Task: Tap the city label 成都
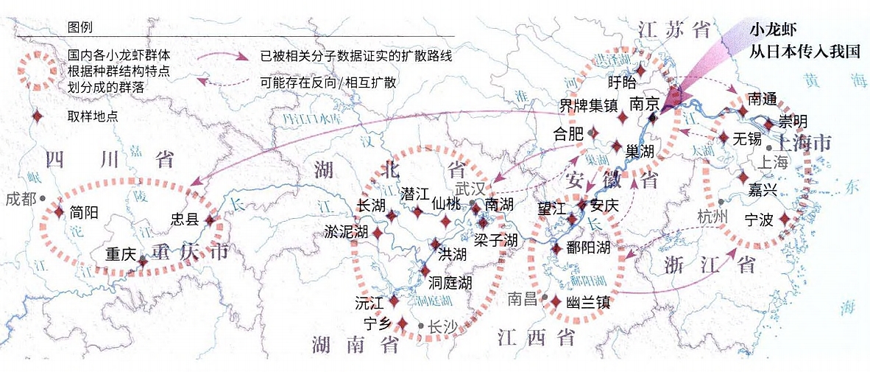pyautogui.click(x=20, y=198)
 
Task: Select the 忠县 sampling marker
pyautogui.click(x=210, y=220)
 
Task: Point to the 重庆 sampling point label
pyautogui.click(x=120, y=254)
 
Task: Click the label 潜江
pyautogui.click(x=414, y=194)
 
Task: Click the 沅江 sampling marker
pyautogui.click(x=393, y=301)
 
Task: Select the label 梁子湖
pyautogui.click(x=496, y=240)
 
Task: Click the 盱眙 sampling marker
pyautogui.click(x=640, y=71)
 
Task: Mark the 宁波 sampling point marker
pyautogui.click(x=785, y=219)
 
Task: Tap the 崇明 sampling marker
pyautogui.click(x=769, y=124)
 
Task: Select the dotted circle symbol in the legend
pyautogui.click(x=34, y=71)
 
